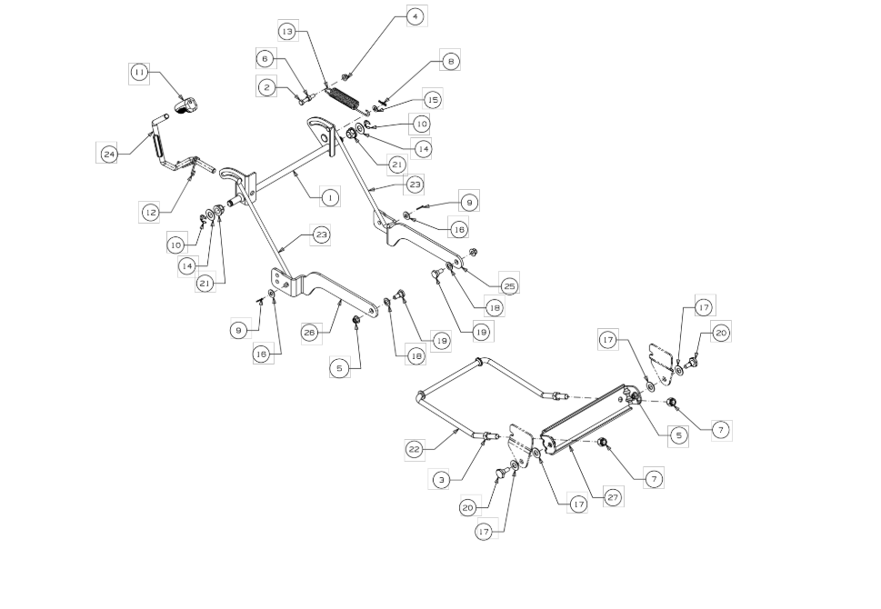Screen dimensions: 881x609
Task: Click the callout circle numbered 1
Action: pyautogui.click(x=330, y=197)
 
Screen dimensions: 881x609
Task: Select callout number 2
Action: pyautogui.click(x=267, y=87)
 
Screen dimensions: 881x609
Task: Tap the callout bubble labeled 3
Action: pyautogui.click(x=442, y=480)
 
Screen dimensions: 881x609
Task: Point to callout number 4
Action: pyautogui.click(x=415, y=17)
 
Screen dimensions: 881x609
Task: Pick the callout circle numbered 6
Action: pyautogui.click(x=265, y=58)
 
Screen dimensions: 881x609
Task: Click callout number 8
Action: pyautogui.click(x=451, y=60)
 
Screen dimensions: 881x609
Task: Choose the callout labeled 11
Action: pyautogui.click(x=140, y=73)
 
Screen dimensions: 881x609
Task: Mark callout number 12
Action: pyautogui.click(x=150, y=213)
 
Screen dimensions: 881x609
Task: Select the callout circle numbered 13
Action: pyautogui.click(x=287, y=32)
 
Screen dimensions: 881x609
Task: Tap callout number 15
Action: pyautogui.click(x=432, y=100)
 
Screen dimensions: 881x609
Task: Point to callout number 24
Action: pyautogui.click(x=108, y=154)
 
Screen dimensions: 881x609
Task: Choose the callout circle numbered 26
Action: pyautogui.click(x=310, y=333)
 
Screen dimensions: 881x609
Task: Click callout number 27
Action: pyautogui.click(x=614, y=496)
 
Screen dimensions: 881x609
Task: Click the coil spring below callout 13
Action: pyautogui.click(x=342, y=99)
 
